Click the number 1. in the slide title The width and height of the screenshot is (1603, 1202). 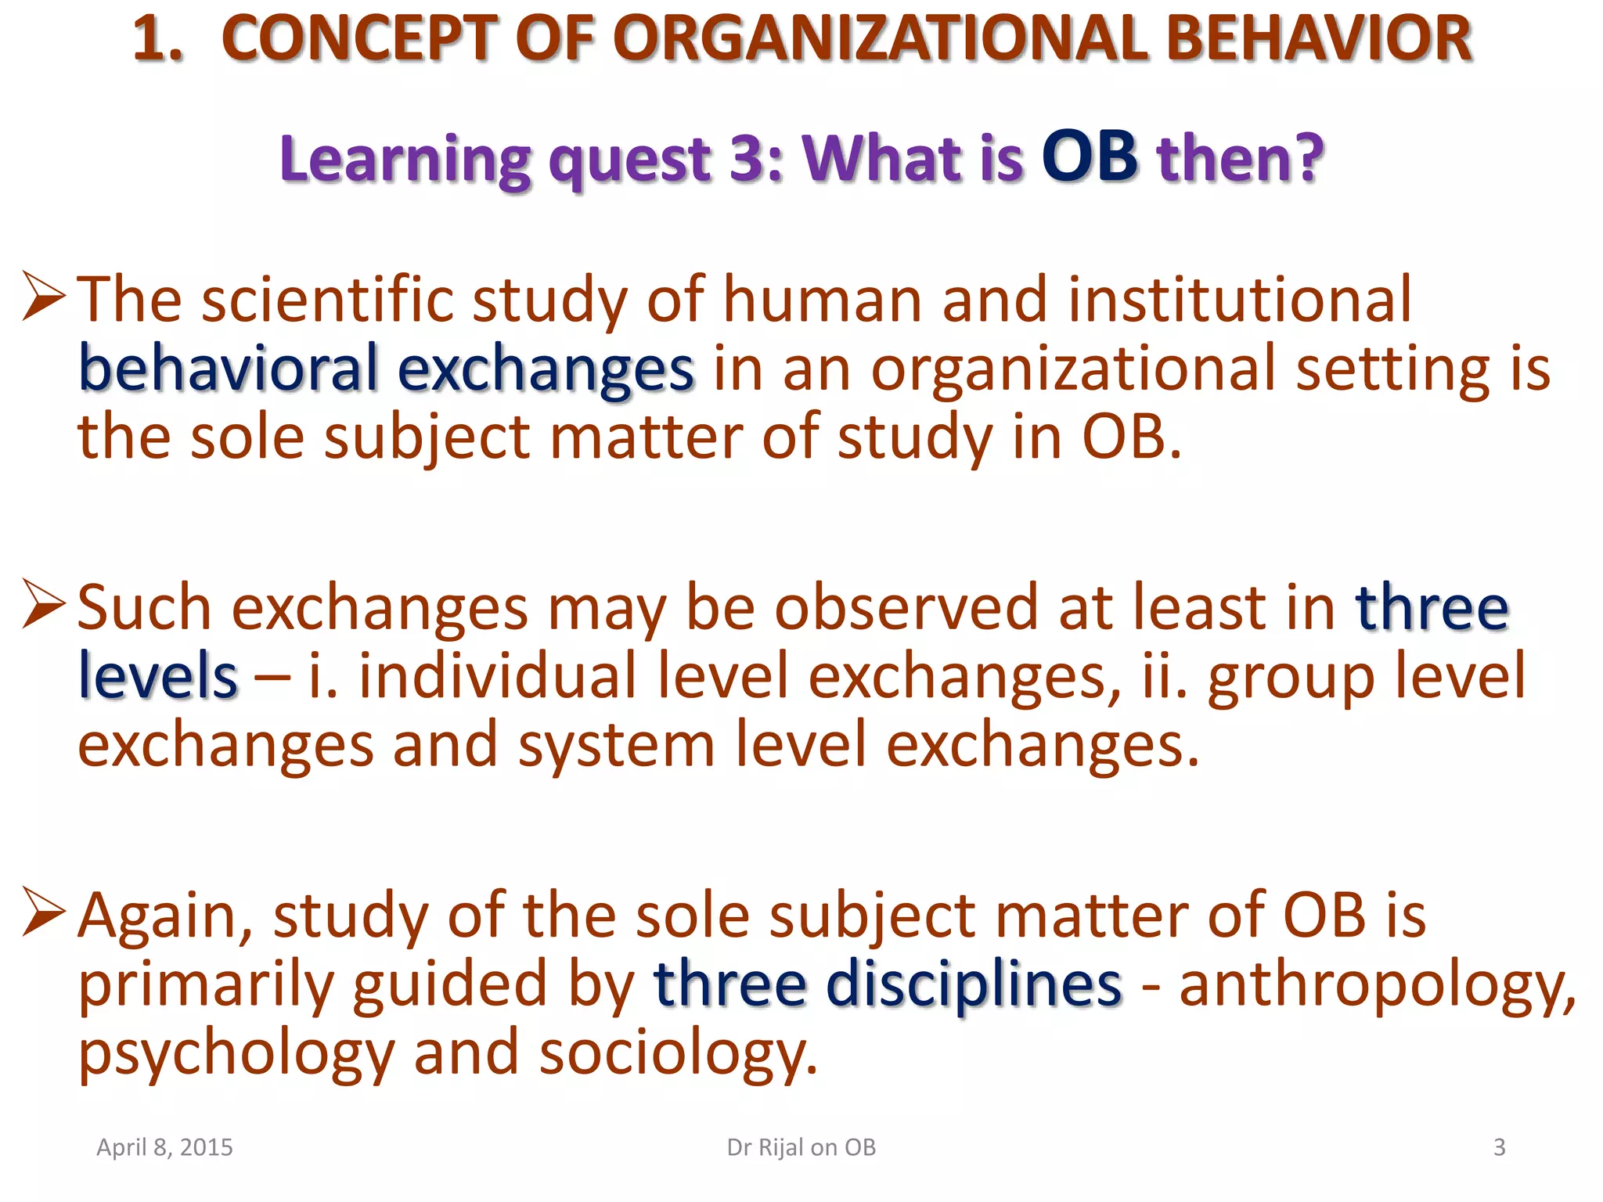158,39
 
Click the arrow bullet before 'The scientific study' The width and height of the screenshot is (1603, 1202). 44,296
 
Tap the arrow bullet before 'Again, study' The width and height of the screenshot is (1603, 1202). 44,911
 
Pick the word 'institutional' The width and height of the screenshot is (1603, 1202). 1240,300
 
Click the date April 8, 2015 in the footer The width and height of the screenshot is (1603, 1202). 164,1147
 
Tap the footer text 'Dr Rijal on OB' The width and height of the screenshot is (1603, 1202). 801,1147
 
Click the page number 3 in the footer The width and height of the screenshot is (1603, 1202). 1499,1147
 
